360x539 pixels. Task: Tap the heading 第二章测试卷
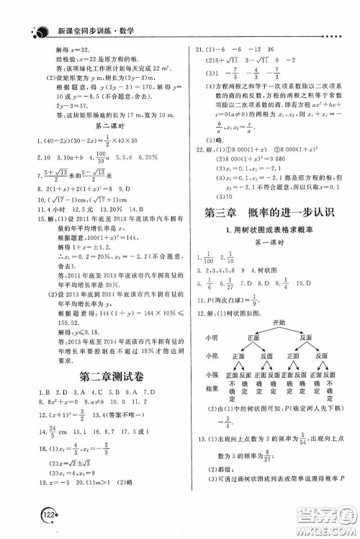pos(96,373)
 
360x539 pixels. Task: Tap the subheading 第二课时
pos(96,124)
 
